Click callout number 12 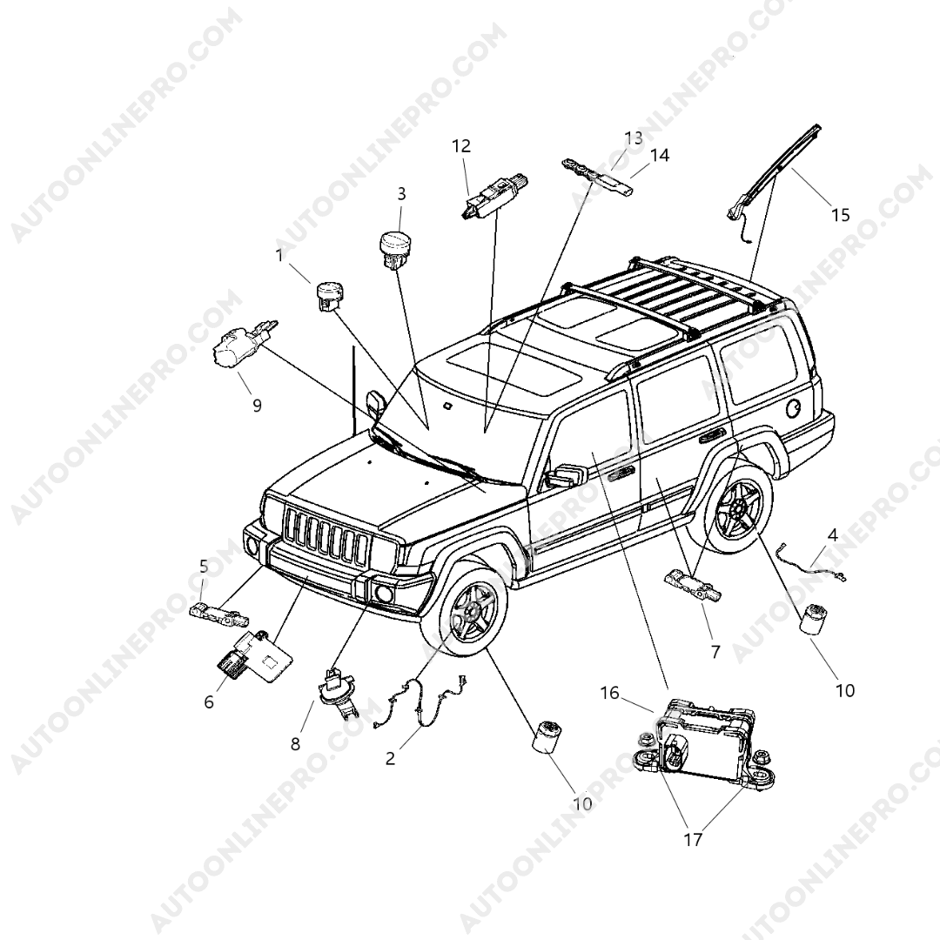click(461, 146)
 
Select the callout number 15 click(840, 215)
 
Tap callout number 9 click(257, 406)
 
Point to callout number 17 click(693, 839)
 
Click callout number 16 click(609, 693)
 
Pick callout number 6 click(209, 702)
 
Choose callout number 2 click(390, 758)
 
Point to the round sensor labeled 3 click(397, 245)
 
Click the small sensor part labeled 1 click(329, 294)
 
